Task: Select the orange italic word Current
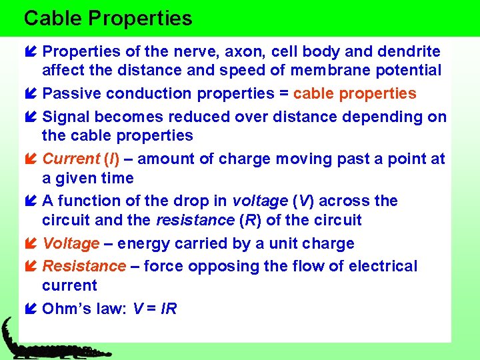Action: point(71,159)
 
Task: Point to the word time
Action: point(117,178)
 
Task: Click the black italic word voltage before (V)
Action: point(259,201)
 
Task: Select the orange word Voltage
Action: point(71,243)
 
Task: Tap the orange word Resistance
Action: point(84,266)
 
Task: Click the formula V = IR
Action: point(155,309)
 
